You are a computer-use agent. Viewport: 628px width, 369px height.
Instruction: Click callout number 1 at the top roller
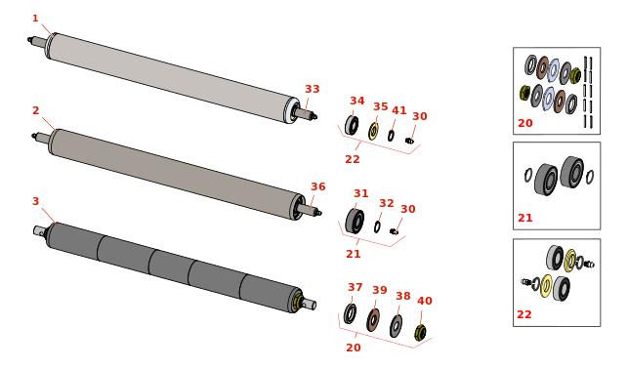tap(35, 19)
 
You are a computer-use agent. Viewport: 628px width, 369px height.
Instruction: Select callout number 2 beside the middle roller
tap(36, 110)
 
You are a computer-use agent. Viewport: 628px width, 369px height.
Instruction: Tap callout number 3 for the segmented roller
tap(35, 201)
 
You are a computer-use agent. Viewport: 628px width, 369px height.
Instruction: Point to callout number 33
tap(313, 89)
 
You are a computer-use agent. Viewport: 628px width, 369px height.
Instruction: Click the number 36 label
tap(318, 186)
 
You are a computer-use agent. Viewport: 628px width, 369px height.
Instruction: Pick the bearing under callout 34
tap(352, 125)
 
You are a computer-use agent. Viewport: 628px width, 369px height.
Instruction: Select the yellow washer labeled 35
tap(374, 131)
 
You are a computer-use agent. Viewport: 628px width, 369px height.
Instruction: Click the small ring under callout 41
tap(391, 136)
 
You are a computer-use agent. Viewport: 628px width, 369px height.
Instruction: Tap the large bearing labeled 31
tap(355, 221)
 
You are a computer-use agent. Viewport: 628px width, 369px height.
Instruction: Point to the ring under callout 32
tap(377, 226)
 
